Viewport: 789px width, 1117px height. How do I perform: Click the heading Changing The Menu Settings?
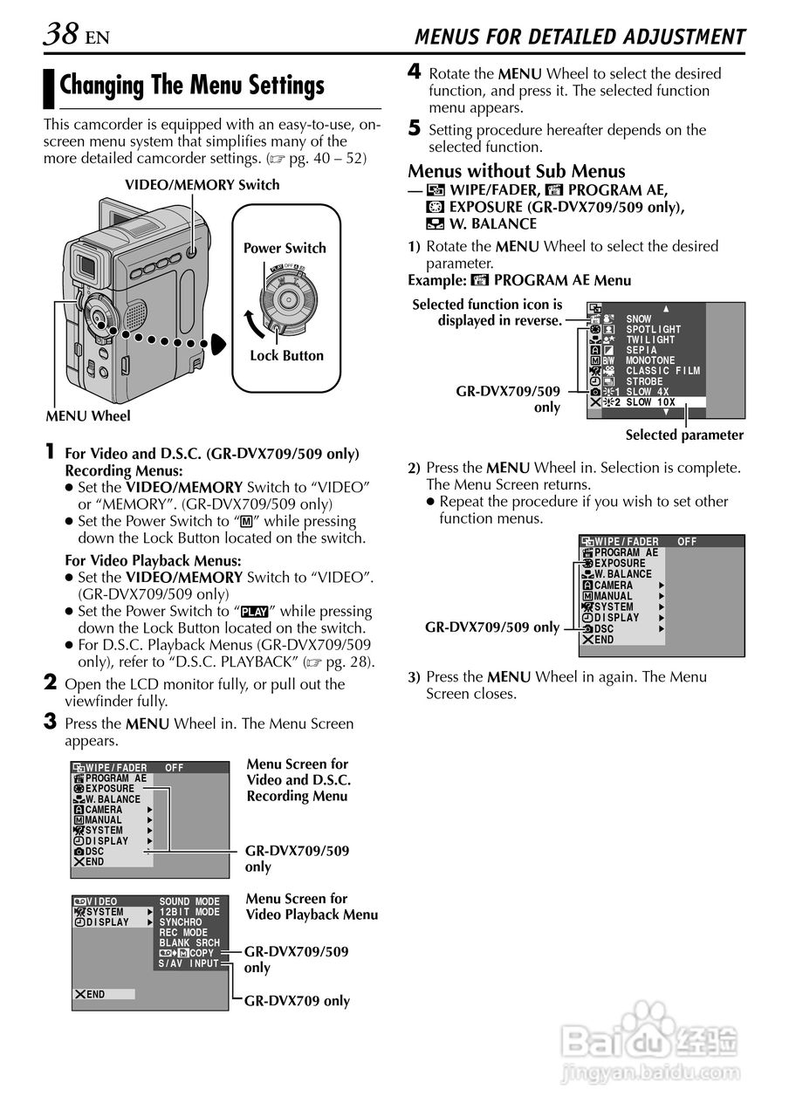click(192, 86)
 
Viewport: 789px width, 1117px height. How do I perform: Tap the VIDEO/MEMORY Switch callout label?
click(202, 184)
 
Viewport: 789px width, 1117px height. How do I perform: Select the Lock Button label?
click(286, 355)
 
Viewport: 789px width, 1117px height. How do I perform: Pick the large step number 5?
click(415, 129)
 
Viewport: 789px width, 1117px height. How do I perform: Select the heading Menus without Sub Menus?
click(517, 171)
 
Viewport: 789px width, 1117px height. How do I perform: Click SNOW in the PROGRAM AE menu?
click(638, 319)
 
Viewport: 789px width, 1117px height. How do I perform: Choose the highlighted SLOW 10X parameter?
click(650, 402)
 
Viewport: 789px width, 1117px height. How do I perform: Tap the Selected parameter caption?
click(684, 435)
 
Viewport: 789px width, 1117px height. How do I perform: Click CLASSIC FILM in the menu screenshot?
click(663, 371)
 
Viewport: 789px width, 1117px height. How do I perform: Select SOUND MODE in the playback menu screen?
click(189, 901)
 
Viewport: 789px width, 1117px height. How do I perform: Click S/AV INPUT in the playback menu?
click(189, 963)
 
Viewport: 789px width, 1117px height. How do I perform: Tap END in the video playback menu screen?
click(95, 994)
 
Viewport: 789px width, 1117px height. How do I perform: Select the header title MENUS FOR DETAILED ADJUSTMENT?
click(580, 37)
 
